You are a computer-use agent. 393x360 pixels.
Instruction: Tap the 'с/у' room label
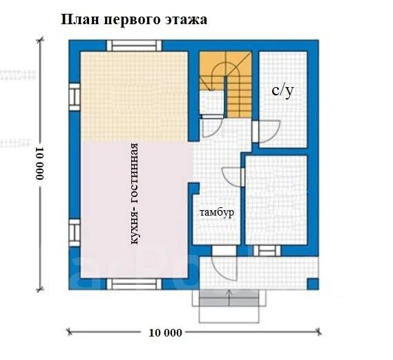(x=282, y=91)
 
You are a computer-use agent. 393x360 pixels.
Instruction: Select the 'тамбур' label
(x=218, y=212)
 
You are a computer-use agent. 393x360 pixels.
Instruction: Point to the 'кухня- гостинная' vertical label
(x=135, y=193)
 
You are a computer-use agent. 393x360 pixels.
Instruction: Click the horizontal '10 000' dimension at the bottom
(x=165, y=332)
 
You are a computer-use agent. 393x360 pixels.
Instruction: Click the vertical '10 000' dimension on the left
(x=39, y=163)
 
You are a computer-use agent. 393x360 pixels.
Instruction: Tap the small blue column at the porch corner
(x=312, y=283)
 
